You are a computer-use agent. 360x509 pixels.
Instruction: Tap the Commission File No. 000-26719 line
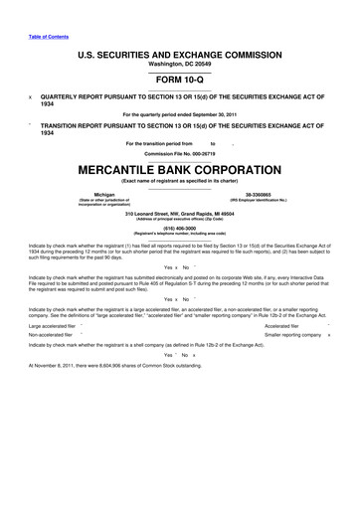coord(180,154)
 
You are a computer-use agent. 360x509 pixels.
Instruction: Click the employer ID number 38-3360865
coord(266,194)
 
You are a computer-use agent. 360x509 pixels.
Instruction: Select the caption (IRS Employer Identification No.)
coord(266,201)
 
